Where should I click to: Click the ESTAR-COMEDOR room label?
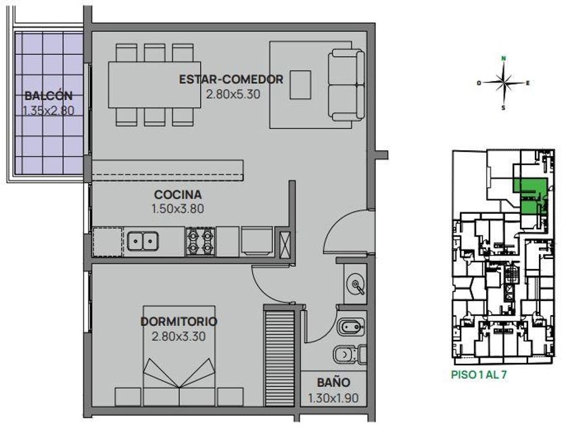click(231, 79)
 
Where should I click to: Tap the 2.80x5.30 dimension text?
click(233, 95)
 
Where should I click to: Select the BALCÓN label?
click(49, 96)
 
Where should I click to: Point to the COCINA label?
click(178, 195)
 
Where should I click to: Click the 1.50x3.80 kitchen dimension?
click(177, 209)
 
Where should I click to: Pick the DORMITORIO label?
click(179, 321)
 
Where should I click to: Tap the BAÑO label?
click(333, 383)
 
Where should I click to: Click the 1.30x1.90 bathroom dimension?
click(333, 398)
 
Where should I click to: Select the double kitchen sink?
click(143, 241)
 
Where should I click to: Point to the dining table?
click(155, 85)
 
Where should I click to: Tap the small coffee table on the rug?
click(300, 85)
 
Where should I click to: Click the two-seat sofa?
click(346, 85)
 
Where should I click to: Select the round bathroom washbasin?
click(356, 283)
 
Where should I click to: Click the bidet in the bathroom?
click(351, 328)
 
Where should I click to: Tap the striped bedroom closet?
click(279, 358)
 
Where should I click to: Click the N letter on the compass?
click(504, 58)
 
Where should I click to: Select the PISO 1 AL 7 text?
click(479, 375)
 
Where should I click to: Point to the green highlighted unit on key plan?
click(530, 195)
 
